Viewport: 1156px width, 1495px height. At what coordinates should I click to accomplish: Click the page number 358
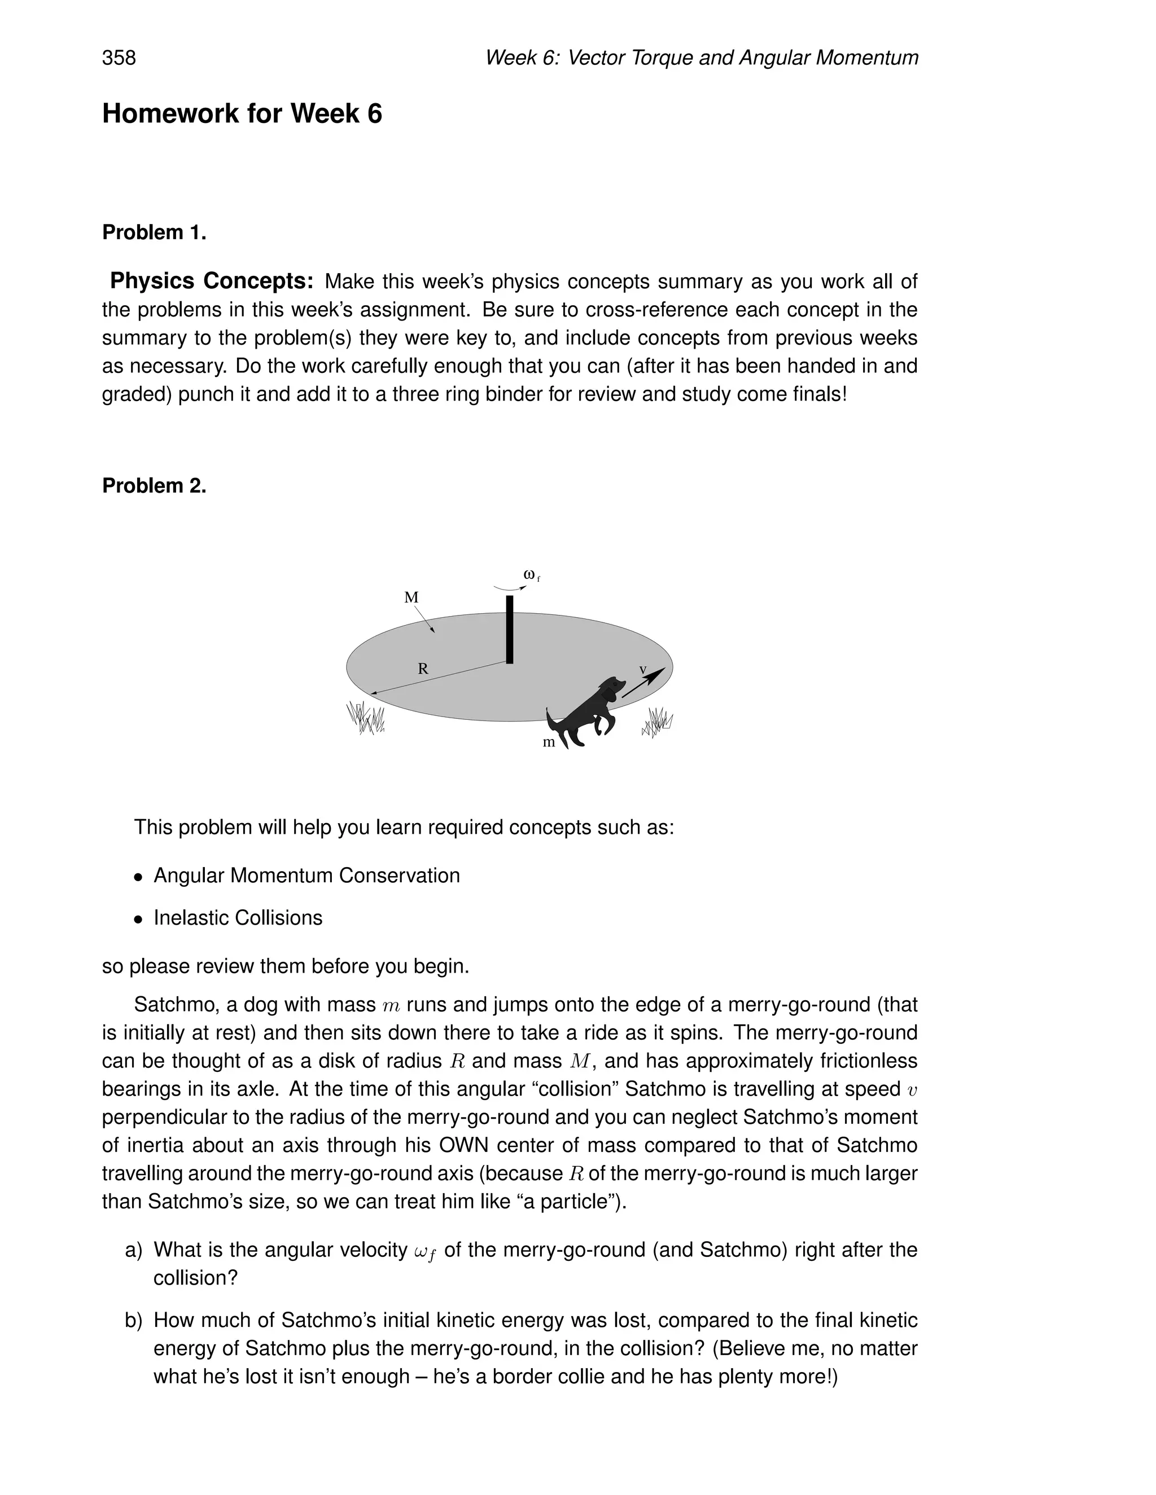(x=119, y=58)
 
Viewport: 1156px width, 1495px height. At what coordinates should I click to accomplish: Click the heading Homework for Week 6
(x=242, y=113)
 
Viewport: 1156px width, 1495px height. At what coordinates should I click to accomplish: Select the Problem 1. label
(x=154, y=233)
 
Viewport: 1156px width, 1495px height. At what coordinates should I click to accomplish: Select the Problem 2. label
(x=154, y=486)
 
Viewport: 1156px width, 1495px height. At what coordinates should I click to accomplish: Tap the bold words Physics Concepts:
(x=212, y=282)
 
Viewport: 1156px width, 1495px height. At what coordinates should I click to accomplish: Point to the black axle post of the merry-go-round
(x=510, y=629)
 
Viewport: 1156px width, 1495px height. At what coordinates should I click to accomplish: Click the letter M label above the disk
(x=411, y=597)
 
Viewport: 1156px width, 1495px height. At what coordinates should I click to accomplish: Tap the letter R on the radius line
(x=423, y=669)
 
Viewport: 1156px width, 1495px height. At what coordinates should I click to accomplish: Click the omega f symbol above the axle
(x=531, y=575)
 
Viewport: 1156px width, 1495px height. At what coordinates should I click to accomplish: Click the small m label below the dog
(x=549, y=743)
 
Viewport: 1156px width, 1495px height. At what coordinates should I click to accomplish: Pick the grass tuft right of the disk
(x=658, y=722)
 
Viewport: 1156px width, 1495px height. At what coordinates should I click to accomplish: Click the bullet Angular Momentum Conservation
(x=306, y=876)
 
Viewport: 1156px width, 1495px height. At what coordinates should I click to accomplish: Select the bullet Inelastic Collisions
(x=238, y=918)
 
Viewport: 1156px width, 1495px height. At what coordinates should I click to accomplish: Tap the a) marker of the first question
(x=134, y=1251)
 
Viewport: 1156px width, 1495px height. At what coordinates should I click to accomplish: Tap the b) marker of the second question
(x=134, y=1321)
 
